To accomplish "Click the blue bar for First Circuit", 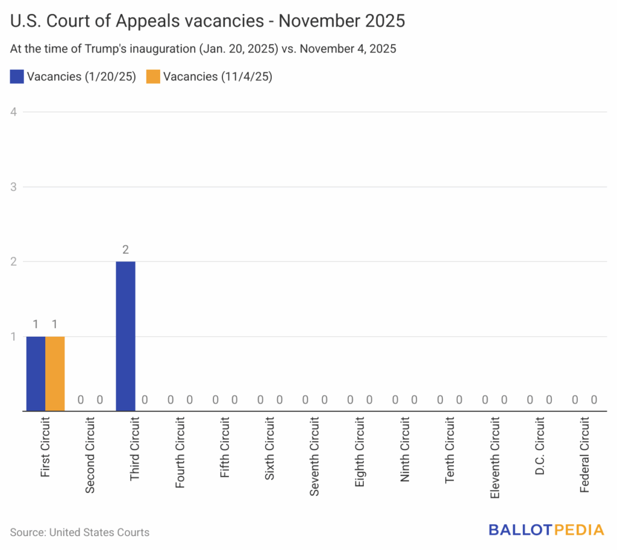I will tap(36, 373).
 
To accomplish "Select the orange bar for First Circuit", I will tap(55, 373).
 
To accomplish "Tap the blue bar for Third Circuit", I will tap(125, 336).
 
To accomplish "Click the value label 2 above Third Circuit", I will tap(125, 249).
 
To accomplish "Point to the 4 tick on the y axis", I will tap(14, 112).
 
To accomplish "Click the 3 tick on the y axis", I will tap(14, 187).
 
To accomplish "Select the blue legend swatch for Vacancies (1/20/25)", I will tap(17, 77).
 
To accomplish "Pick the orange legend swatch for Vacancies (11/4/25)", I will tap(153, 77).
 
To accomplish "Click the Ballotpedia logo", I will tap(546, 530).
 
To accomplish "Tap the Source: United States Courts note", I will tap(80, 532).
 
